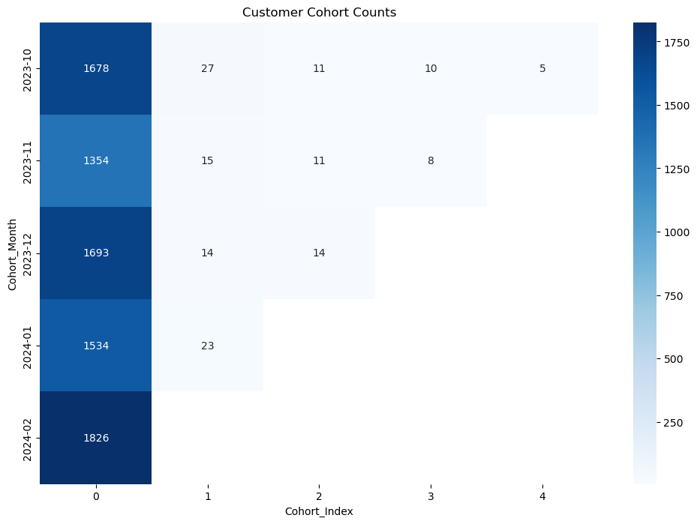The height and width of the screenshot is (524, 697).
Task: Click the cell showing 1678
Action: coord(95,69)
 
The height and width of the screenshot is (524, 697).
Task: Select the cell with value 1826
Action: coord(95,438)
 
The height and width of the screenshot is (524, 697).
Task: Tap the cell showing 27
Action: coord(208,69)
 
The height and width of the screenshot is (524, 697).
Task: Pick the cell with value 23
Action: coord(208,346)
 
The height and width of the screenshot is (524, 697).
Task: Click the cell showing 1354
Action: coord(95,161)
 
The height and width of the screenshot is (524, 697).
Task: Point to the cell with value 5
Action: coord(542,69)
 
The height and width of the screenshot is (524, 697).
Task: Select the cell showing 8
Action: coord(431,161)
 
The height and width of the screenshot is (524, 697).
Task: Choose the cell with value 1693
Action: coord(95,253)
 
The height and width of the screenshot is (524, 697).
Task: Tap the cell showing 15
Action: coord(208,161)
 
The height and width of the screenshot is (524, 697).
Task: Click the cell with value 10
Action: coord(431,69)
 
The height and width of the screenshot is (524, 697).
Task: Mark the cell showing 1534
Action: coord(95,346)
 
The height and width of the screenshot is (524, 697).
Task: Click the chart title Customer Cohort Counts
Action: coord(319,12)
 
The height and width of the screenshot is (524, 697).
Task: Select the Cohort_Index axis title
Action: coord(319,511)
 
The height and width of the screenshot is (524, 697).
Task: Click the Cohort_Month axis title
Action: coord(12,253)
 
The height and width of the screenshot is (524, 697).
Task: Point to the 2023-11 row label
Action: coord(27,161)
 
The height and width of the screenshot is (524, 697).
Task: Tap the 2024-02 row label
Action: coord(27,438)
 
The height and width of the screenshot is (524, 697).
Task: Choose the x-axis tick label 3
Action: coord(431,496)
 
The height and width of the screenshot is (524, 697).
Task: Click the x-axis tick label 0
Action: coord(95,496)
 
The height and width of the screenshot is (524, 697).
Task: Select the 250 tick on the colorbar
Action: coord(672,423)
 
